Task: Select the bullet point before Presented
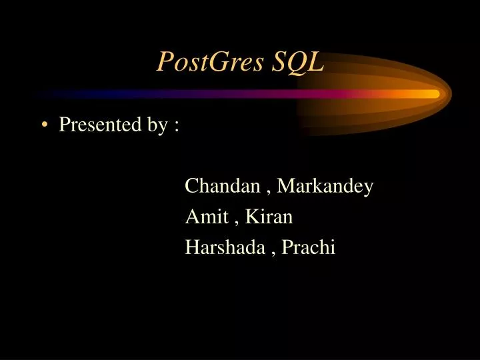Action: (x=44, y=125)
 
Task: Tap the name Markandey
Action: (x=325, y=187)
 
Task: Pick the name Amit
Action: (x=205, y=217)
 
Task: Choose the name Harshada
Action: (x=226, y=247)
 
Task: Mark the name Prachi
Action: (x=309, y=247)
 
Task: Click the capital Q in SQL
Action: (x=296, y=62)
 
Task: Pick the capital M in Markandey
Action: (x=285, y=186)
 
